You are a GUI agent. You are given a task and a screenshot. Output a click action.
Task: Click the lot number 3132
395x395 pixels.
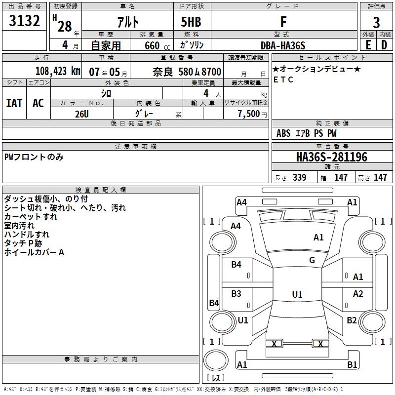(x=25, y=22)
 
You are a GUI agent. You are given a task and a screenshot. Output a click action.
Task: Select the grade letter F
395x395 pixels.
(x=283, y=22)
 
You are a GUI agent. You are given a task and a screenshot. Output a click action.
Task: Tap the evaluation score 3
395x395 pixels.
(x=376, y=23)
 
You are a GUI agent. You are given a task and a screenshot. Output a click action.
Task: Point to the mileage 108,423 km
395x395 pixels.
(x=58, y=71)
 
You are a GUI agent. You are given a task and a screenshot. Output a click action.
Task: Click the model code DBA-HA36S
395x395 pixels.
(x=283, y=45)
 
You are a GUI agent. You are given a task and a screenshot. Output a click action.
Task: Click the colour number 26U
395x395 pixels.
(x=81, y=114)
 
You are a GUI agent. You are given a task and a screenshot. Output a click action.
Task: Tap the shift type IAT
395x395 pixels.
(x=14, y=103)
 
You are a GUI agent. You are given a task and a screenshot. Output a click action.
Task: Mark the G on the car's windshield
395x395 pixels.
(x=312, y=260)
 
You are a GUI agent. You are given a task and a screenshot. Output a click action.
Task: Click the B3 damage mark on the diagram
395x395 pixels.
(x=236, y=294)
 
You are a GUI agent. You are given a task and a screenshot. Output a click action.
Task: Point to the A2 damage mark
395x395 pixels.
(x=358, y=294)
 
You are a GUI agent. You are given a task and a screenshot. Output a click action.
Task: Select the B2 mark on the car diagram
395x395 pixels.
(x=352, y=320)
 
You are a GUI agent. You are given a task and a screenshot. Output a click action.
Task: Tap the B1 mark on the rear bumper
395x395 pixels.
(x=352, y=365)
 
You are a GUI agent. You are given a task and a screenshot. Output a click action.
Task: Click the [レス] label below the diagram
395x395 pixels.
(x=216, y=378)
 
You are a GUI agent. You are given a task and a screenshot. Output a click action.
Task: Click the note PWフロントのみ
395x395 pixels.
(x=34, y=157)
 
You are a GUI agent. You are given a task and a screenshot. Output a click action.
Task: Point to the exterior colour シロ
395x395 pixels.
(x=106, y=93)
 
